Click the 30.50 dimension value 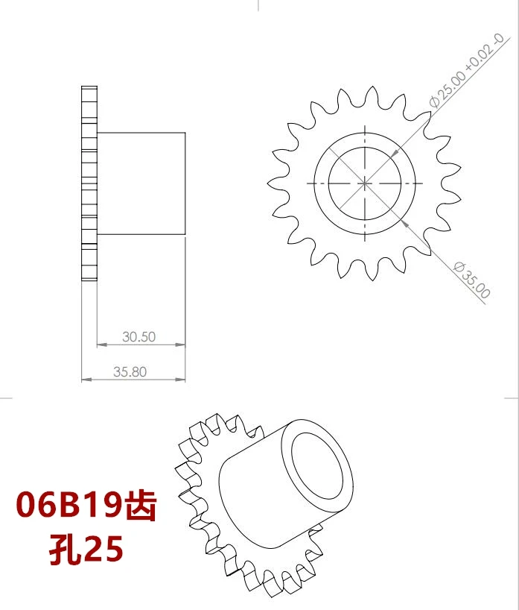tap(138, 336)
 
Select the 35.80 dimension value tap(130, 371)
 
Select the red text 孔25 tap(86, 550)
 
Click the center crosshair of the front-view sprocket tap(365, 183)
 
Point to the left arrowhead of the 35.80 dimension tap(85, 380)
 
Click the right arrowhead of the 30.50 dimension tap(181, 345)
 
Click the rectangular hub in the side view tap(141, 183)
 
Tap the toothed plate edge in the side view tap(89, 183)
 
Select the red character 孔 tap(63, 550)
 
